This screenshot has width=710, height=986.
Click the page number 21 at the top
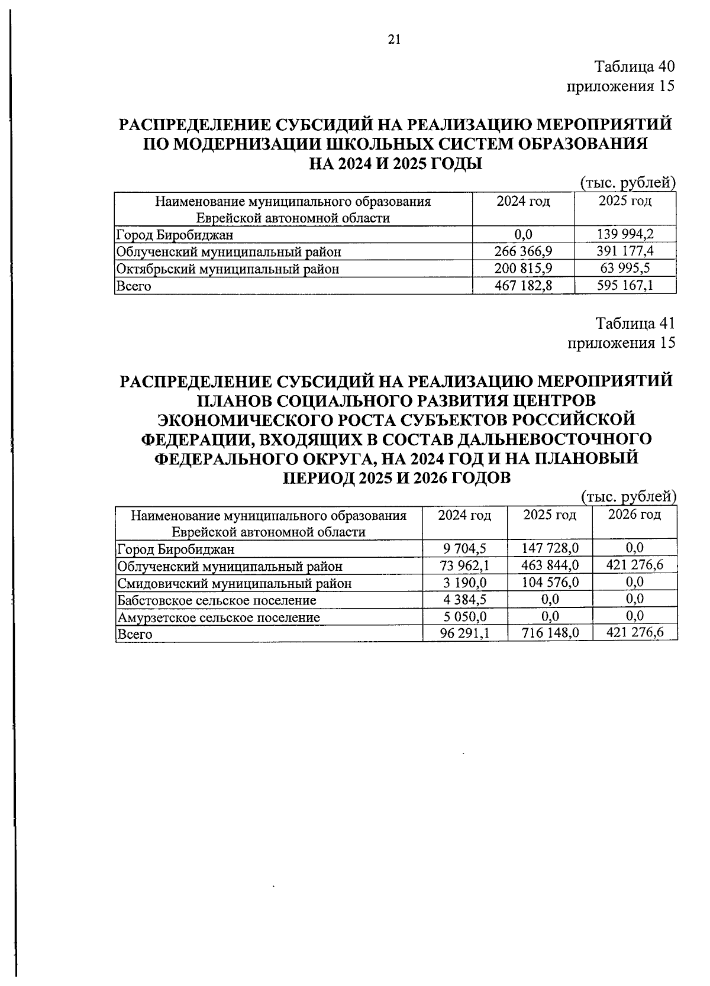click(x=394, y=40)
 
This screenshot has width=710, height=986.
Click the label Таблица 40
click(x=634, y=66)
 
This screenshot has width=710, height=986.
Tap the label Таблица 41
click(x=635, y=323)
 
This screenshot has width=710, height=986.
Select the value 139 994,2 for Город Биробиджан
click(x=625, y=234)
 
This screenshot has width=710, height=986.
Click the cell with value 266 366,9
click(x=523, y=251)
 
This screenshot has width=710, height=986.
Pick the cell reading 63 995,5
click(x=625, y=268)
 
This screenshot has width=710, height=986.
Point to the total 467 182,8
click(x=523, y=286)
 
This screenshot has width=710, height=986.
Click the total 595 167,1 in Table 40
click(x=625, y=286)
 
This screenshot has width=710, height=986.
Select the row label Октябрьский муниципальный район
click(x=228, y=269)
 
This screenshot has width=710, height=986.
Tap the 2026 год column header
click(x=634, y=515)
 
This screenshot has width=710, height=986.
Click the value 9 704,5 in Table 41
click(x=464, y=548)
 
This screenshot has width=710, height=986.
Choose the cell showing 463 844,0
click(x=550, y=565)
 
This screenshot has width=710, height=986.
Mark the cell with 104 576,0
click(x=550, y=582)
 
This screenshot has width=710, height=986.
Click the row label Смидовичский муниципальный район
click(x=234, y=583)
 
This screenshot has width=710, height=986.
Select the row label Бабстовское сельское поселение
click(x=217, y=600)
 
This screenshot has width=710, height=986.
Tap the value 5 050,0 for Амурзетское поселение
click(x=464, y=616)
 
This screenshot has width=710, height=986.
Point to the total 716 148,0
click(x=550, y=633)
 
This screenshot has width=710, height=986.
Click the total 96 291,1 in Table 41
click(x=464, y=633)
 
